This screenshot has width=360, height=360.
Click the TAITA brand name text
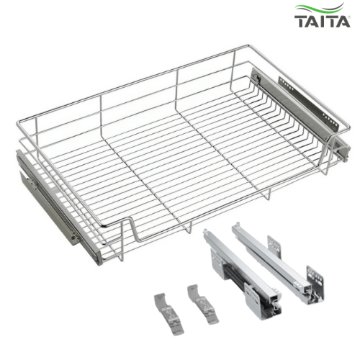click(x=323, y=22)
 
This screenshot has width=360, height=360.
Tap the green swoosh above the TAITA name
click(x=319, y=9)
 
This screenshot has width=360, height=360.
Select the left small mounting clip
click(x=168, y=313)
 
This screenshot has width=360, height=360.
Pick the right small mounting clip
click(x=202, y=304)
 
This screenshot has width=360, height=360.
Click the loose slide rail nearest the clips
click(x=243, y=274)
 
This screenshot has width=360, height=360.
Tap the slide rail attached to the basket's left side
click(x=58, y=207)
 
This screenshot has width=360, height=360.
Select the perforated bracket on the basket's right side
click(x=308, y=102)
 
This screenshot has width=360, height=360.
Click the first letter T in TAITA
click(x=301, y=22)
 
